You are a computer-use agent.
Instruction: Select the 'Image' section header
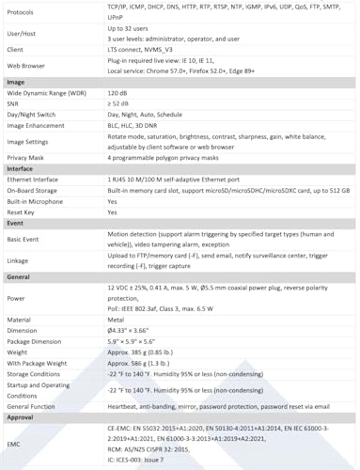point(16,83)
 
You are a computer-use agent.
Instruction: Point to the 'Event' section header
point(16,224)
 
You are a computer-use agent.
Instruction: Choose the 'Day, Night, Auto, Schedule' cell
point(147,115)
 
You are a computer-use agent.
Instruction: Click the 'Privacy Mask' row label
point(28,159)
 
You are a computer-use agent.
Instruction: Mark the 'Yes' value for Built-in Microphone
point(113,201)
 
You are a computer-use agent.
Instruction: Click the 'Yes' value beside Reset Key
point(113,212)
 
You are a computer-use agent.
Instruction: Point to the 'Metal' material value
point(117,321)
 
